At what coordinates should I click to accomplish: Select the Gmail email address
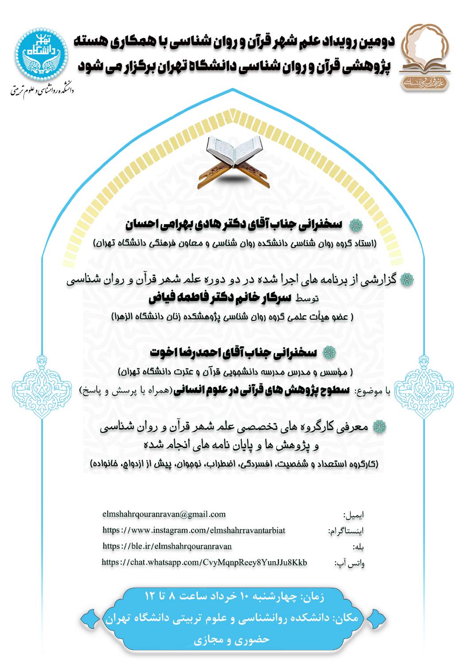(164, 514)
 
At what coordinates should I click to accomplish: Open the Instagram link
(194, 530)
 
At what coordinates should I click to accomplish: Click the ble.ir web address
(167, 546)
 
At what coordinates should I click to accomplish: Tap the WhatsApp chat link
(204, 562)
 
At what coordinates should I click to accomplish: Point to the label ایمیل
(354, 515)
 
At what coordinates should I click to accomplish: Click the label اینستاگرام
(346, 531)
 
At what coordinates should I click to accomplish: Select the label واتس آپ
(350, 563)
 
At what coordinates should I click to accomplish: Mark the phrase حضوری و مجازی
(232, 640)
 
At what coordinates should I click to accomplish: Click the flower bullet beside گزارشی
(406, 280)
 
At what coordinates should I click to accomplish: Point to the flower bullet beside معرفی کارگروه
(379, 427)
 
